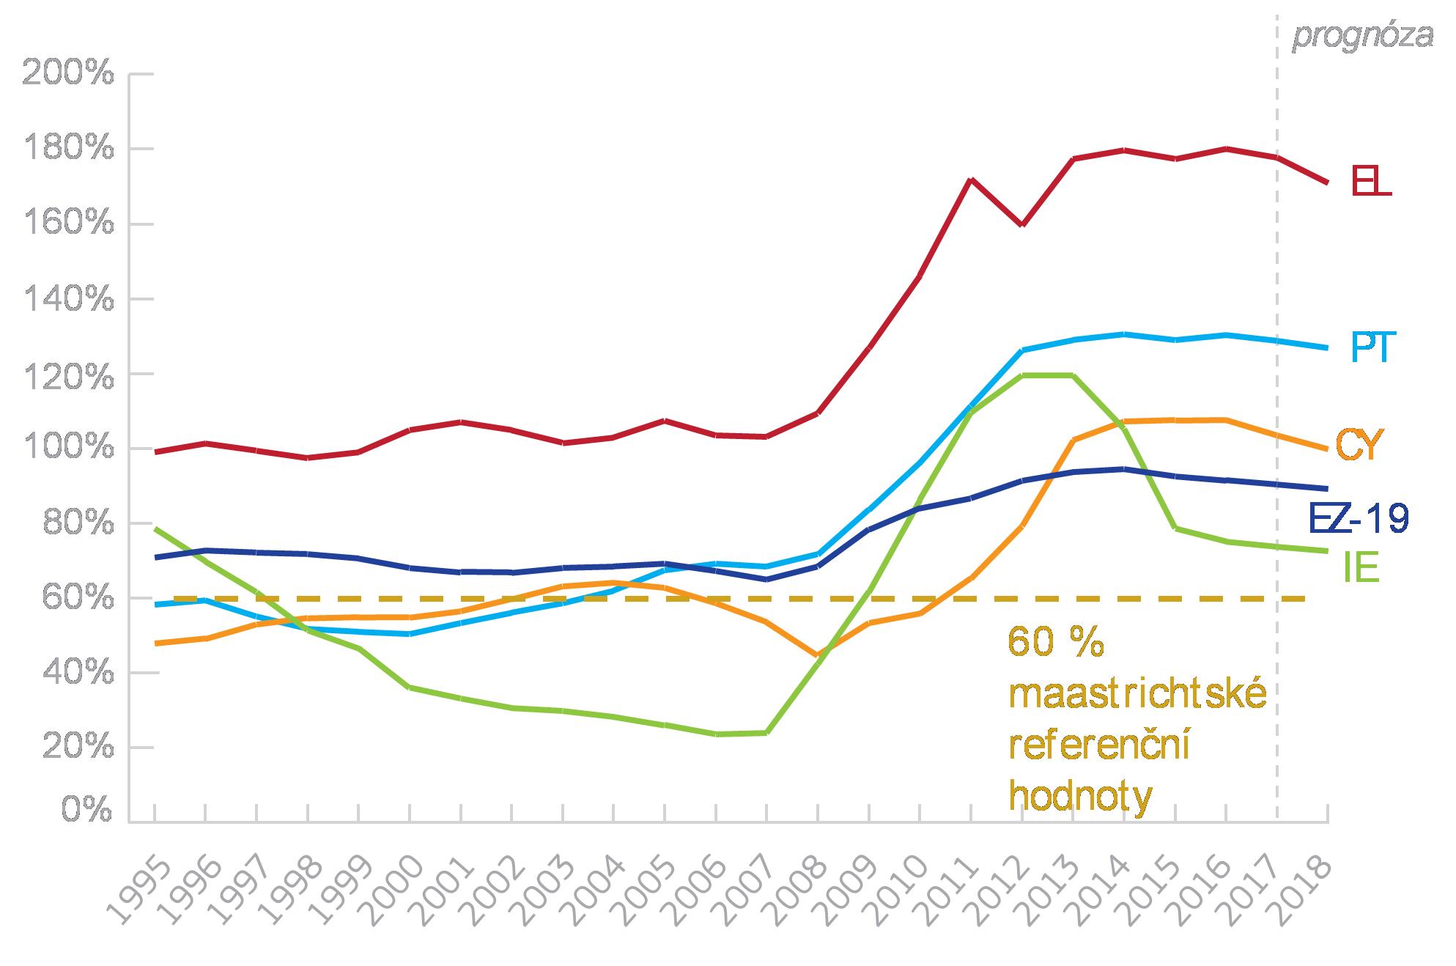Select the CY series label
click(x=1359, y=445)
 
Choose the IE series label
click(x=1361, y=569)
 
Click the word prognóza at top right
click(x=1362, y=35)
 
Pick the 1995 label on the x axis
click(x=139, y=890)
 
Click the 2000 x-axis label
click(x=394, y=890)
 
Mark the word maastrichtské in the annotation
click(x=1137, y=695)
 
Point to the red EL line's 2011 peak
click(x=970, y=179)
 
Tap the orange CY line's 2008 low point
click(x=816, y=655)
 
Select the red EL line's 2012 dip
click(x=1021, y=224)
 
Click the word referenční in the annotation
click(x=1098, y=746)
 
